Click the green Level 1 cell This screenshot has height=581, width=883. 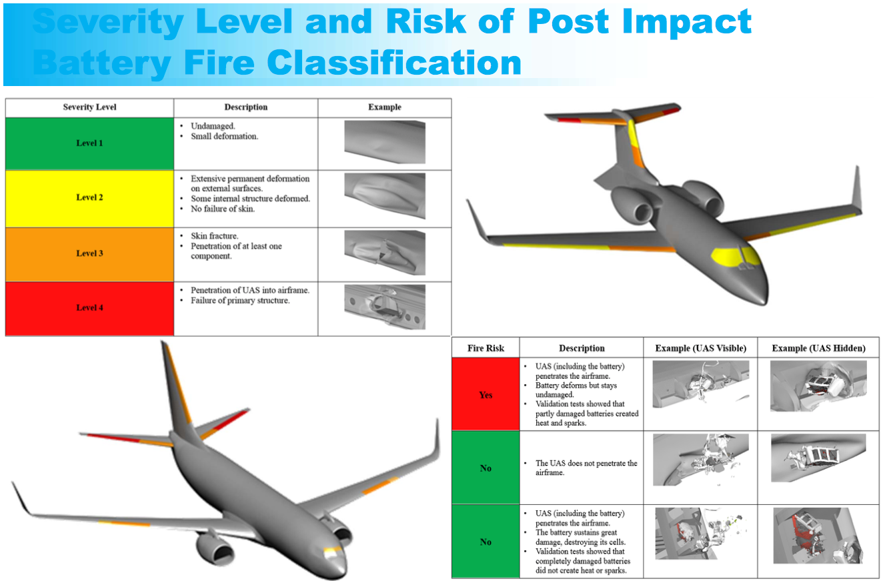(x=89, y=143)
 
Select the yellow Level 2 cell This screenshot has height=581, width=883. (x=89, y=198)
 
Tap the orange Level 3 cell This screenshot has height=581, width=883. (x=89, y=254)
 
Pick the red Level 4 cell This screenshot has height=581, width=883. (x=89, y=308)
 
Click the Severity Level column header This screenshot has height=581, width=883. (x=89, y=107)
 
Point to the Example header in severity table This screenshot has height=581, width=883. (x=385, y=107)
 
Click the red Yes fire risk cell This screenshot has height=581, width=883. (x=486, y=394)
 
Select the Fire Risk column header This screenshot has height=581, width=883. (x=486, y=348)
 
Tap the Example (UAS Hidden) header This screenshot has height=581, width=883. (x=818, y=348)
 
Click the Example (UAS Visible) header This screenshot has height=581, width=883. (x=700, y=348)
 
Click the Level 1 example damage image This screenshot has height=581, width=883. (x=385, y=142)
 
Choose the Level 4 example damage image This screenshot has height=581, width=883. (x=385, y=307)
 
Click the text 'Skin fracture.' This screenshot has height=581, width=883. (x=215, y=235)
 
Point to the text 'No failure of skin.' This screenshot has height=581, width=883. (x=223, y=209)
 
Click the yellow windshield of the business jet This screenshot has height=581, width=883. (x=736, y=257)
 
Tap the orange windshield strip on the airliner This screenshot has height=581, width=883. (x=333, y=550)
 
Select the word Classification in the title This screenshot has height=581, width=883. (x=394, y=62)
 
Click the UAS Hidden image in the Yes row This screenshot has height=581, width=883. (x=818, y=386)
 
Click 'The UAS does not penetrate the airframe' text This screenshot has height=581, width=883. (x=586, y=468)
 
